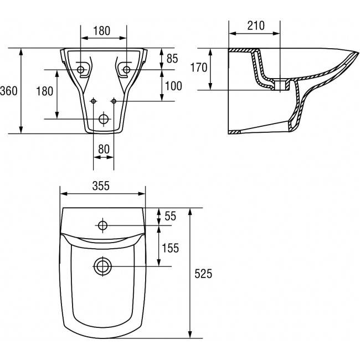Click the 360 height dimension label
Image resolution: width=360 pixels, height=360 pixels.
(x=9, y=90)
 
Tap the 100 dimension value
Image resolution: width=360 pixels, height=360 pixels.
(x=173, y=86)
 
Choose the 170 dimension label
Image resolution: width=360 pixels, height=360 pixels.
(x=198, y=68)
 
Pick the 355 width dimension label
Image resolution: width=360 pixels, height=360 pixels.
(x=102, y=187)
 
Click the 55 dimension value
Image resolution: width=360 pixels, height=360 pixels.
(x=170, y=217)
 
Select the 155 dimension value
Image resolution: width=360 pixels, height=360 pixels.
(x=171, y=248)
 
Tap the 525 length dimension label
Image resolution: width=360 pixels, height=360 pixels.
(x=203, y=273)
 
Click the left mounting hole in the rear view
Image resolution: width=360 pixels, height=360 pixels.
(x=82, y=70)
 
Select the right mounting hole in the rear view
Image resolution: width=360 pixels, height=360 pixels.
(x=126, y=70)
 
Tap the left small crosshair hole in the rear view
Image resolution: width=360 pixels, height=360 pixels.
(x=93, y=101)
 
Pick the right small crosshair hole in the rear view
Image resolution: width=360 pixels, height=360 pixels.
(x=114, y=101)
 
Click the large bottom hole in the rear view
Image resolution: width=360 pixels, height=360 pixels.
(x=104, y=119)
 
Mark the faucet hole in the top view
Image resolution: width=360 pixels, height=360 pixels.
(x=102, y=225)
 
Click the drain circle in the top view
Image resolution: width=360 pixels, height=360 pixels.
(x=102, y=266)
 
